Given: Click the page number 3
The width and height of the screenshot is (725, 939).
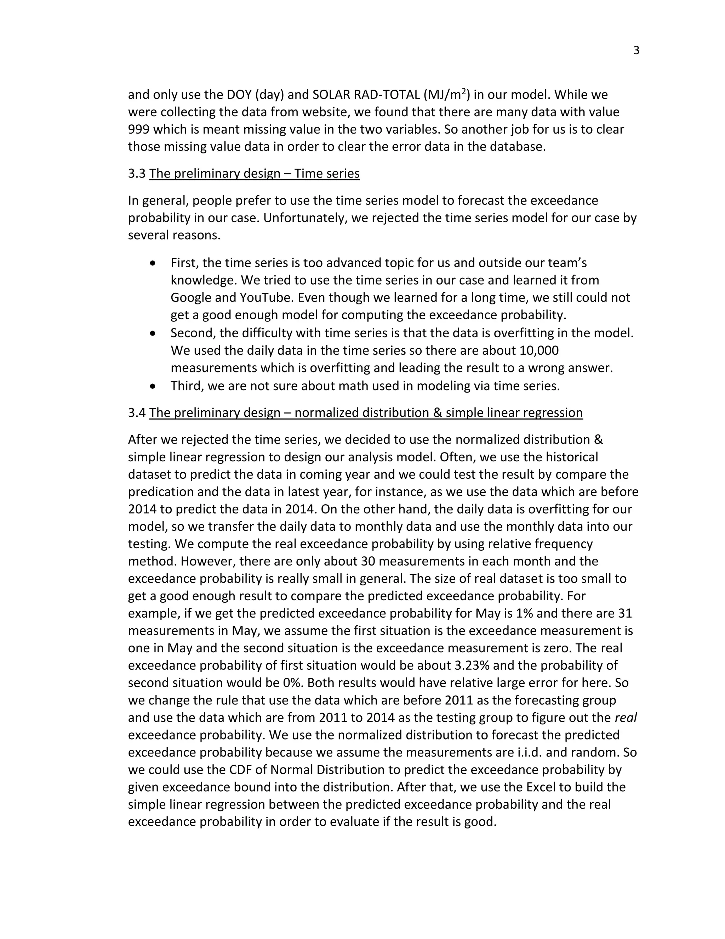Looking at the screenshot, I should coord(636,51).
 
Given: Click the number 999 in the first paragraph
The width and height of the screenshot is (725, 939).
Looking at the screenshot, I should coord(138,129).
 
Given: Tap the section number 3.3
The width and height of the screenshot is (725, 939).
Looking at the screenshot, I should coord(137,174).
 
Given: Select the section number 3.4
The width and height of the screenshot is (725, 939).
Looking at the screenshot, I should coord(137,413).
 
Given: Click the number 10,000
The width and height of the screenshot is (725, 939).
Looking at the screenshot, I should coord(539,350).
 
